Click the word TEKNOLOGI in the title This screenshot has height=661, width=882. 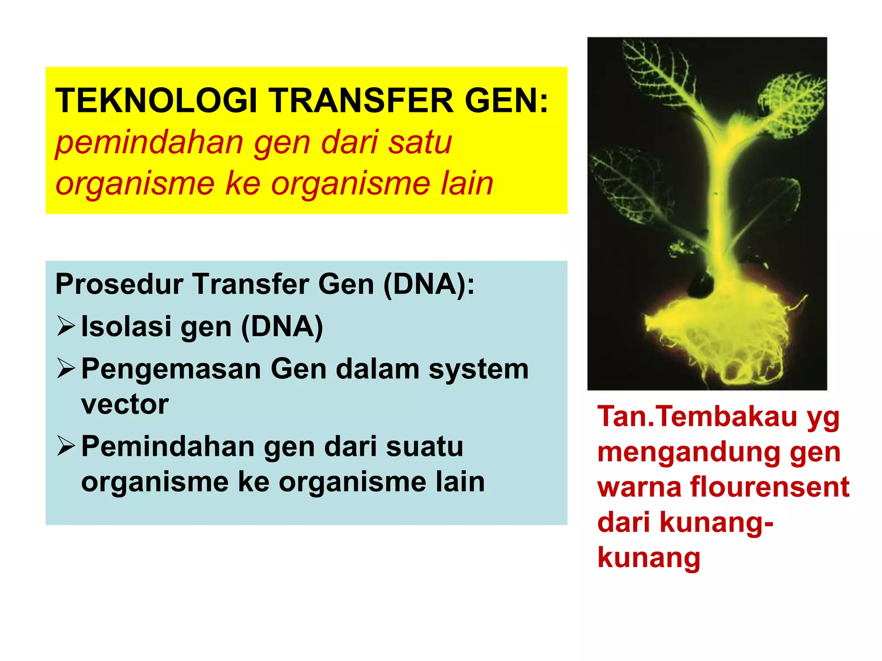pos(156,101)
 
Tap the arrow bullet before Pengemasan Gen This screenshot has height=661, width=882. pos(65,369)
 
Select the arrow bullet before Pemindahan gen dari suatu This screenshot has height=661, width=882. pos(65,446)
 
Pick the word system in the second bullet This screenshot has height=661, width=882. pos(478,370)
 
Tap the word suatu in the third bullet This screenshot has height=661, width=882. pos(424,446)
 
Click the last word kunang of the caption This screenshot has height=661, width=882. pos(649,558)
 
